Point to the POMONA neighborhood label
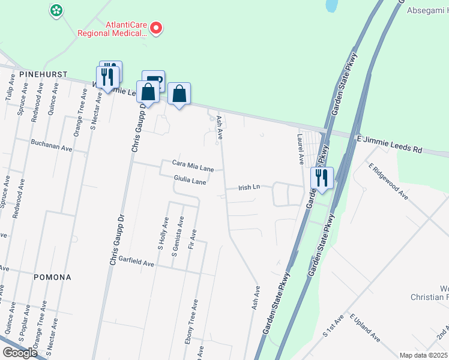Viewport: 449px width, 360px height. (52, 277)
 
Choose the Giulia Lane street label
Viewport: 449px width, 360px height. (190, 179)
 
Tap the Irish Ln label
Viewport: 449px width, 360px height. (248, 187)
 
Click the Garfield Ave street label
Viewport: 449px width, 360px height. (136, 263)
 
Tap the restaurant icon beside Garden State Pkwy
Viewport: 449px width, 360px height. (322, 178)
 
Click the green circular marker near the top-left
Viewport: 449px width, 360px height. (56, 10)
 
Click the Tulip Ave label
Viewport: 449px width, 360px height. (9, 89)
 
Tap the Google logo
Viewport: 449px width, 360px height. (20, 352)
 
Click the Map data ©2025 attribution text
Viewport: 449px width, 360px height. (423, 355)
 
